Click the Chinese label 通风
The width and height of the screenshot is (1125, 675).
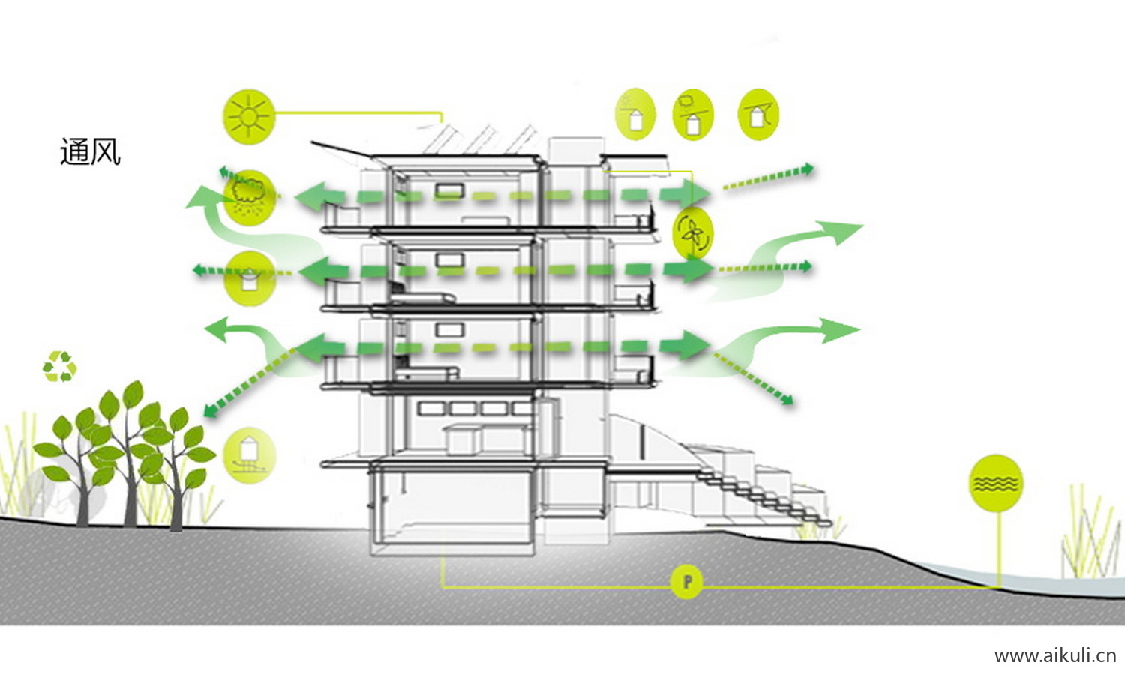(90, 151)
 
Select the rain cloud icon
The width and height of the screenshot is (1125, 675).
(249, 195)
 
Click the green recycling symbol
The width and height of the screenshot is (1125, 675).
(59, 367)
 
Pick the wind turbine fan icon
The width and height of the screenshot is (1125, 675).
(692, 232)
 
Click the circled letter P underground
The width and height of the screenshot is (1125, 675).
(686, 581)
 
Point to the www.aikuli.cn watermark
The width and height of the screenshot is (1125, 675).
(1054, 655)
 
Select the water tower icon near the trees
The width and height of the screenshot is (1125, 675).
(249, 454)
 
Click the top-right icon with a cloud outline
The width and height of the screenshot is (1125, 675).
(692, 114)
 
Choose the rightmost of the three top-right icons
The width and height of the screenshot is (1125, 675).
(758, 114)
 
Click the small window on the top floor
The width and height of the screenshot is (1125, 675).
(448, 191)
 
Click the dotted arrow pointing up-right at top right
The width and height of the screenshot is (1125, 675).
(769, 177)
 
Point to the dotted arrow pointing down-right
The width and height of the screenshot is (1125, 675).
(754, 379)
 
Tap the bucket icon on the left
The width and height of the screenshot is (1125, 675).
(250, 277)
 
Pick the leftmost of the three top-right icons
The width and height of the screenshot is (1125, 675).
(634, 114)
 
